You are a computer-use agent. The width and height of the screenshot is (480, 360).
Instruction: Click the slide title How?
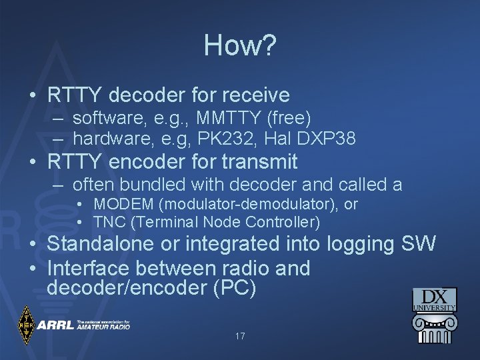[240, 45]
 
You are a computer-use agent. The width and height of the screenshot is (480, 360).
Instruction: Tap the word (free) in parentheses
[289, 119]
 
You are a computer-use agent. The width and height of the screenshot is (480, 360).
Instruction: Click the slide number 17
[240, 336]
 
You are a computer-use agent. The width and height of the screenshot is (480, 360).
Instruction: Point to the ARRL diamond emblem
[27, 325]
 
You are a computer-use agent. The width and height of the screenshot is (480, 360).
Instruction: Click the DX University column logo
[434, 315]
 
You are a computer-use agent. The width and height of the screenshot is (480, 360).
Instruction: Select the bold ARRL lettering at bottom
[55, 326]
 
